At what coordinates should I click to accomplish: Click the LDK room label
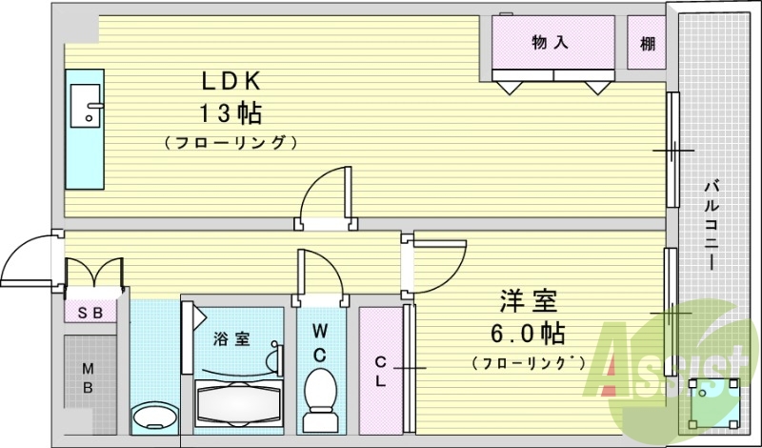coord(229,81)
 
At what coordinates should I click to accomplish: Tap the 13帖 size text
coord(230,112)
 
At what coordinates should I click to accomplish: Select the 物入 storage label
coord(550,42)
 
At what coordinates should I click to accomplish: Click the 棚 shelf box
coord(648,43)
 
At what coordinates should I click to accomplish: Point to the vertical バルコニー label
coord(711,225)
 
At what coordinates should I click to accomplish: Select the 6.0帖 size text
coord(526,333)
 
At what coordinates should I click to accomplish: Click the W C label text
coord(320,343)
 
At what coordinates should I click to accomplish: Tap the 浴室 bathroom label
coord(231,337)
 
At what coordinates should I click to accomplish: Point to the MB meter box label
coord(87,377)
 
